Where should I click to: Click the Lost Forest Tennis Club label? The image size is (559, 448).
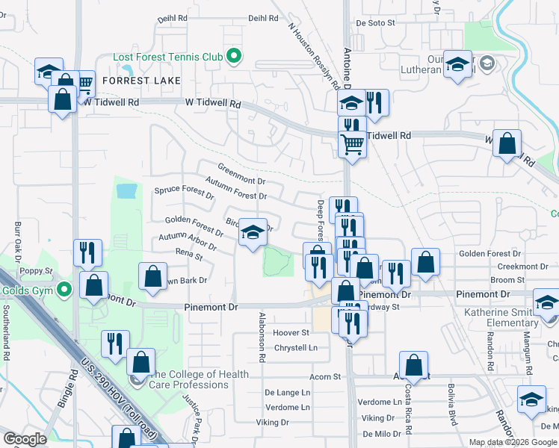click(x=167, y=56)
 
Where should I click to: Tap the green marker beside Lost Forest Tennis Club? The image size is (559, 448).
click(x=233, y=56)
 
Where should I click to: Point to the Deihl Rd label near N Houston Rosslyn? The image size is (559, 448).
click(x=263, y=18)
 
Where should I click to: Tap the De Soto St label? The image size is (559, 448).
click(x=374, y=23)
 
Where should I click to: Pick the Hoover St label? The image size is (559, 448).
click(x=291, y=332)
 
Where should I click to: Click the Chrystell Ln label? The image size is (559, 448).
click(x=296, y=348)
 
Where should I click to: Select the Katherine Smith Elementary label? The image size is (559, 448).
click(x=501, y=317)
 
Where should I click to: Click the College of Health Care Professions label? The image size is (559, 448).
click(x=193, y=379)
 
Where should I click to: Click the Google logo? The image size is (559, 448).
click(x=25, y=438)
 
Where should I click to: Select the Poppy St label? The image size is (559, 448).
click(x=37, y=271)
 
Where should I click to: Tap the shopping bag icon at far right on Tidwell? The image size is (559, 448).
click(x=507, y=144)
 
